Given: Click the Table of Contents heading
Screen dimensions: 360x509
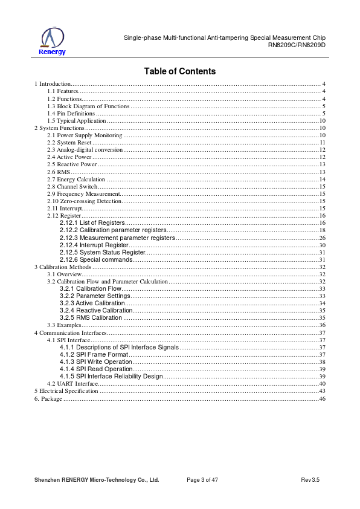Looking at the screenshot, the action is point(180,71).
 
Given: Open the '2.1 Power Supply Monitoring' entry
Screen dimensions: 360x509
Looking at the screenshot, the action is point(85,135).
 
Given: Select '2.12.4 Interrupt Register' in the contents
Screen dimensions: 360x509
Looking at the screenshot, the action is point(94,245).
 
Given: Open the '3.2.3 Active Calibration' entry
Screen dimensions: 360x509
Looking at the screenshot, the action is point(92,303).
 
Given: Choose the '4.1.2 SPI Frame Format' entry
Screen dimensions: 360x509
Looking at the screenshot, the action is point(94,354).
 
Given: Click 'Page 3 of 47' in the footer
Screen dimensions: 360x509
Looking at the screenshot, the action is point(202,480).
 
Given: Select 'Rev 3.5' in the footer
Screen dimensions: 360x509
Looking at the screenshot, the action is point(310,480).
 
